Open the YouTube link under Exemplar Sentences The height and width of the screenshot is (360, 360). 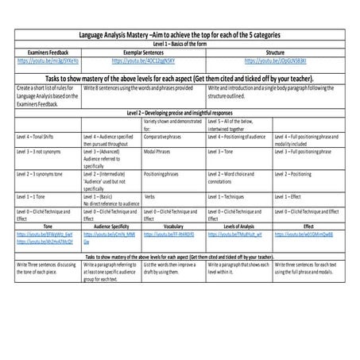tap(142, 60)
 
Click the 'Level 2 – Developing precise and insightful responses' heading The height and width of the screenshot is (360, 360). tap(180, 114)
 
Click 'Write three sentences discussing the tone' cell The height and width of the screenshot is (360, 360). tap(46, 266)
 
